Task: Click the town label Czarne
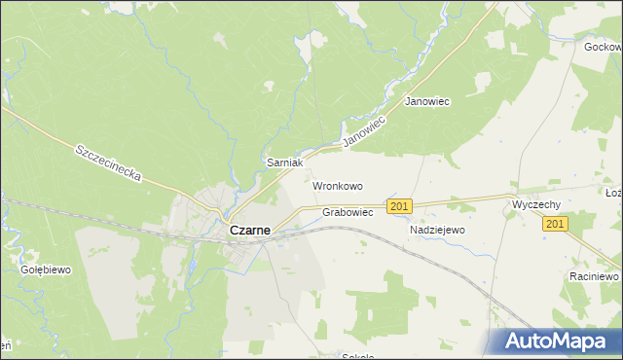click(250, 232)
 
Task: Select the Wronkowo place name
click(337, 185)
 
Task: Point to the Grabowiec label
click(348, 212)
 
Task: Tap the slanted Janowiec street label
click(365, 130)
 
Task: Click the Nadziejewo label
click(438, 231)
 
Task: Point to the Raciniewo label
click(594, 276)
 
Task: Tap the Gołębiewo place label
click(47, 270)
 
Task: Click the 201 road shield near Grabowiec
click(399, 206)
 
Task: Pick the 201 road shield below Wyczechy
click(555, 225)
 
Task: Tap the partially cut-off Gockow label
click(603, 47)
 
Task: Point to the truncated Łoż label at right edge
click(613, 194)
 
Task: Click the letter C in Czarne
click(234, 232)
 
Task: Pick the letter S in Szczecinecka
click(78, 149)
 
